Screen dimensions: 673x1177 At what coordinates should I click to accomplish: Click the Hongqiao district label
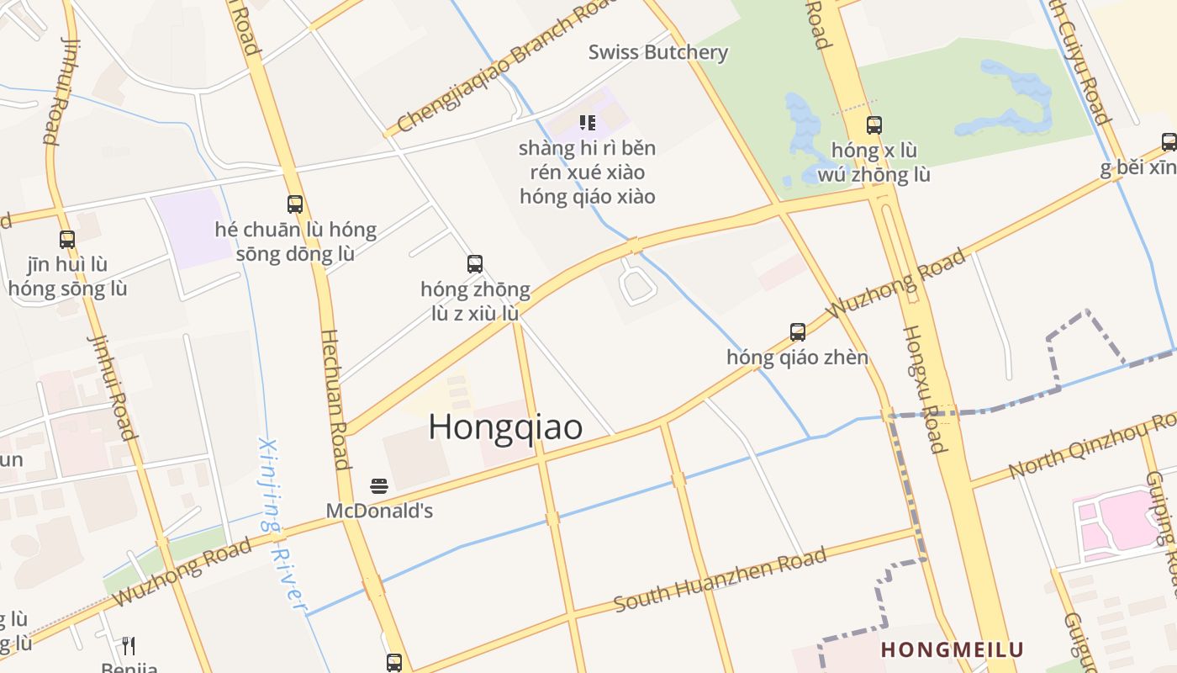(505, 427)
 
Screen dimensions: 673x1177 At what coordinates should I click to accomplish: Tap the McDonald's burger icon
(379, 485)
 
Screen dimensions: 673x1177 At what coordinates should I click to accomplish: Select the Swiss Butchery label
(657, 52)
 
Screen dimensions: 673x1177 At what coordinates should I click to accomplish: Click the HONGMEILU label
(952, 649)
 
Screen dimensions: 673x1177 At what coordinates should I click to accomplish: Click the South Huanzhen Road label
(720, 580)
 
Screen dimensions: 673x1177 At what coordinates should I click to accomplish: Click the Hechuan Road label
(335, 399)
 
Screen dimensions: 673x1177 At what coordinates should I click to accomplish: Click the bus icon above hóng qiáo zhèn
(797, 331)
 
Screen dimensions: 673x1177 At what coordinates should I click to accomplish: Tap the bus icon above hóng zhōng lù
(475, 264)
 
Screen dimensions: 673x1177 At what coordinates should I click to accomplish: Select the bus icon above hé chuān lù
(295, 204)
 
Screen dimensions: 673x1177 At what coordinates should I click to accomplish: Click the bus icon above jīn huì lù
(67, 239)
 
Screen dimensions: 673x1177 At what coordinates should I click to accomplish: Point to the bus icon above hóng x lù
(874, 125)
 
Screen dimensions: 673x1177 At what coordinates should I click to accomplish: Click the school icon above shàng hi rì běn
(588, 123)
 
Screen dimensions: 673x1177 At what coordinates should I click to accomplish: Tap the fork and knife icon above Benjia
(129, 645)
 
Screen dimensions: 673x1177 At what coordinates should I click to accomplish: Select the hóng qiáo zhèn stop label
(797, 358)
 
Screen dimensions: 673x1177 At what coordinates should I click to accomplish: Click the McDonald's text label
(379, 511)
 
